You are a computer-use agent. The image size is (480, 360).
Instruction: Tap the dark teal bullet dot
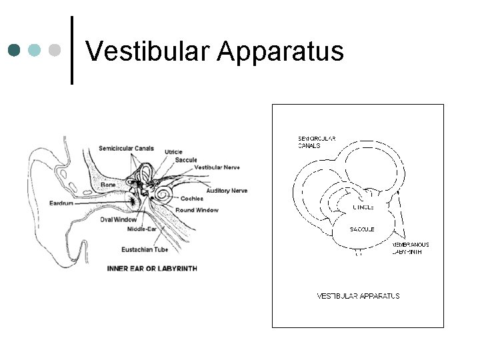(14, 50)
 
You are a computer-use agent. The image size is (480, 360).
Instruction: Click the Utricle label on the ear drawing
(173, 152)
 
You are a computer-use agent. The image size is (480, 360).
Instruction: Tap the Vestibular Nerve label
(217, 167)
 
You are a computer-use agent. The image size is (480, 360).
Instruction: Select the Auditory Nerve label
(227, 191)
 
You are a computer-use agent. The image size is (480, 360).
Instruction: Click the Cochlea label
(192, 199)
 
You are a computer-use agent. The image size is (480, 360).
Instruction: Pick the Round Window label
(197, 210)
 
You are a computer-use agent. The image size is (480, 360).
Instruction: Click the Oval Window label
(118, 219)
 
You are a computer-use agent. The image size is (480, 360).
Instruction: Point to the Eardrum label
(61, 203)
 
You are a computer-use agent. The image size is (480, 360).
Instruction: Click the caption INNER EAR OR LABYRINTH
(152, 269)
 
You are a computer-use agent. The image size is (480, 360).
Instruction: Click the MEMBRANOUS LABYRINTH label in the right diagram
(410, 248)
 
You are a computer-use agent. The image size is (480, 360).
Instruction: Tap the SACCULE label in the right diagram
(362, 229)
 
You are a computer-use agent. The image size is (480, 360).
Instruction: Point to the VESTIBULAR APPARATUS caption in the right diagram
(358, 295)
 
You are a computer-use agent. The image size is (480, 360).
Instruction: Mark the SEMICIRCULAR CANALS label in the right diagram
(316, 141)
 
